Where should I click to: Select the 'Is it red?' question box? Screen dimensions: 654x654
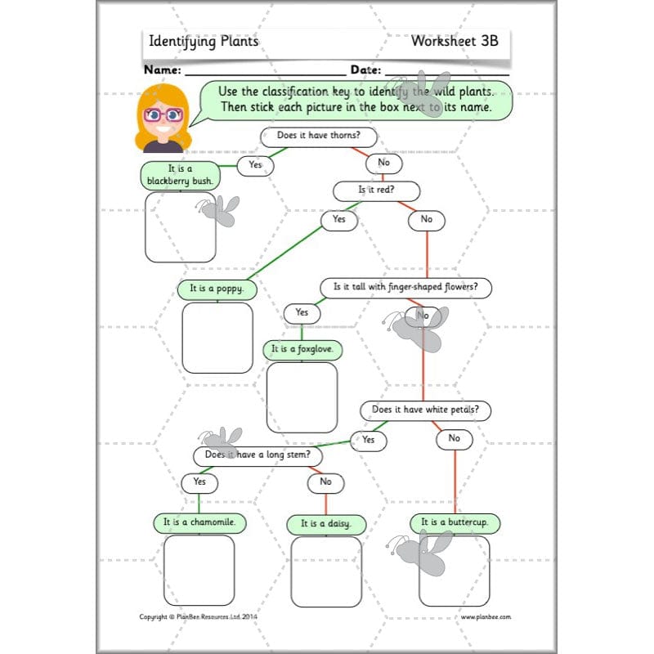(x=376, y=190)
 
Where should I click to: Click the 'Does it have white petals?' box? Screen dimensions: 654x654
(x=425, y=410)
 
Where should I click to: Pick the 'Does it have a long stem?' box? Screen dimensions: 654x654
(x=258, y=455)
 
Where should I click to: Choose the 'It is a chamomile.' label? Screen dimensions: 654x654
(x=199, y=522)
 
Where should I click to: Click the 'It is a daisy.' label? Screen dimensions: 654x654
(x=325, y=523)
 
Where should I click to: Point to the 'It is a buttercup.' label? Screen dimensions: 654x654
(x=455, y=522)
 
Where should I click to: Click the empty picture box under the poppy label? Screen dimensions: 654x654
(x=217, y=338)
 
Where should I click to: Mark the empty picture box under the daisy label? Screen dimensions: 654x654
(x=325, y=571)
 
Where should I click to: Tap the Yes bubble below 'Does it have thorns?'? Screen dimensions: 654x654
(x=255, y=165)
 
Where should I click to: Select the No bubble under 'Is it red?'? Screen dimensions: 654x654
(x=426, y=219)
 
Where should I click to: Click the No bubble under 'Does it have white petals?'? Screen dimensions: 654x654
(x=454, y=439)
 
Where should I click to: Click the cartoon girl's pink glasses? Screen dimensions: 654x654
(x=163, y=114)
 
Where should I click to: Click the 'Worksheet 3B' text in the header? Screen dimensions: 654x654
(x=455, y=40)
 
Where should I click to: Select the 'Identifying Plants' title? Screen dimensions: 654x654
(x=203, y=41)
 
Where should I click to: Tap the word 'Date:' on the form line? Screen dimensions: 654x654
(x=366, y=70)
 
